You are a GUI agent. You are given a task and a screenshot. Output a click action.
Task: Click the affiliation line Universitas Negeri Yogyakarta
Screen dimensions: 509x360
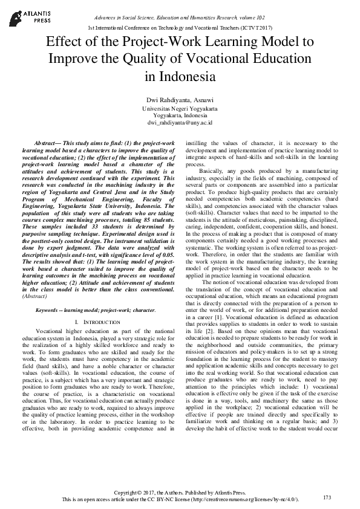point(180,108)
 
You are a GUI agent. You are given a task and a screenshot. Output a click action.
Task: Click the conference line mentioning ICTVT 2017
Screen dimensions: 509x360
point(180,28)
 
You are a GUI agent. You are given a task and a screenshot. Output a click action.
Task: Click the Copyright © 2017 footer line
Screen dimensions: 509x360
point(180,493)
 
